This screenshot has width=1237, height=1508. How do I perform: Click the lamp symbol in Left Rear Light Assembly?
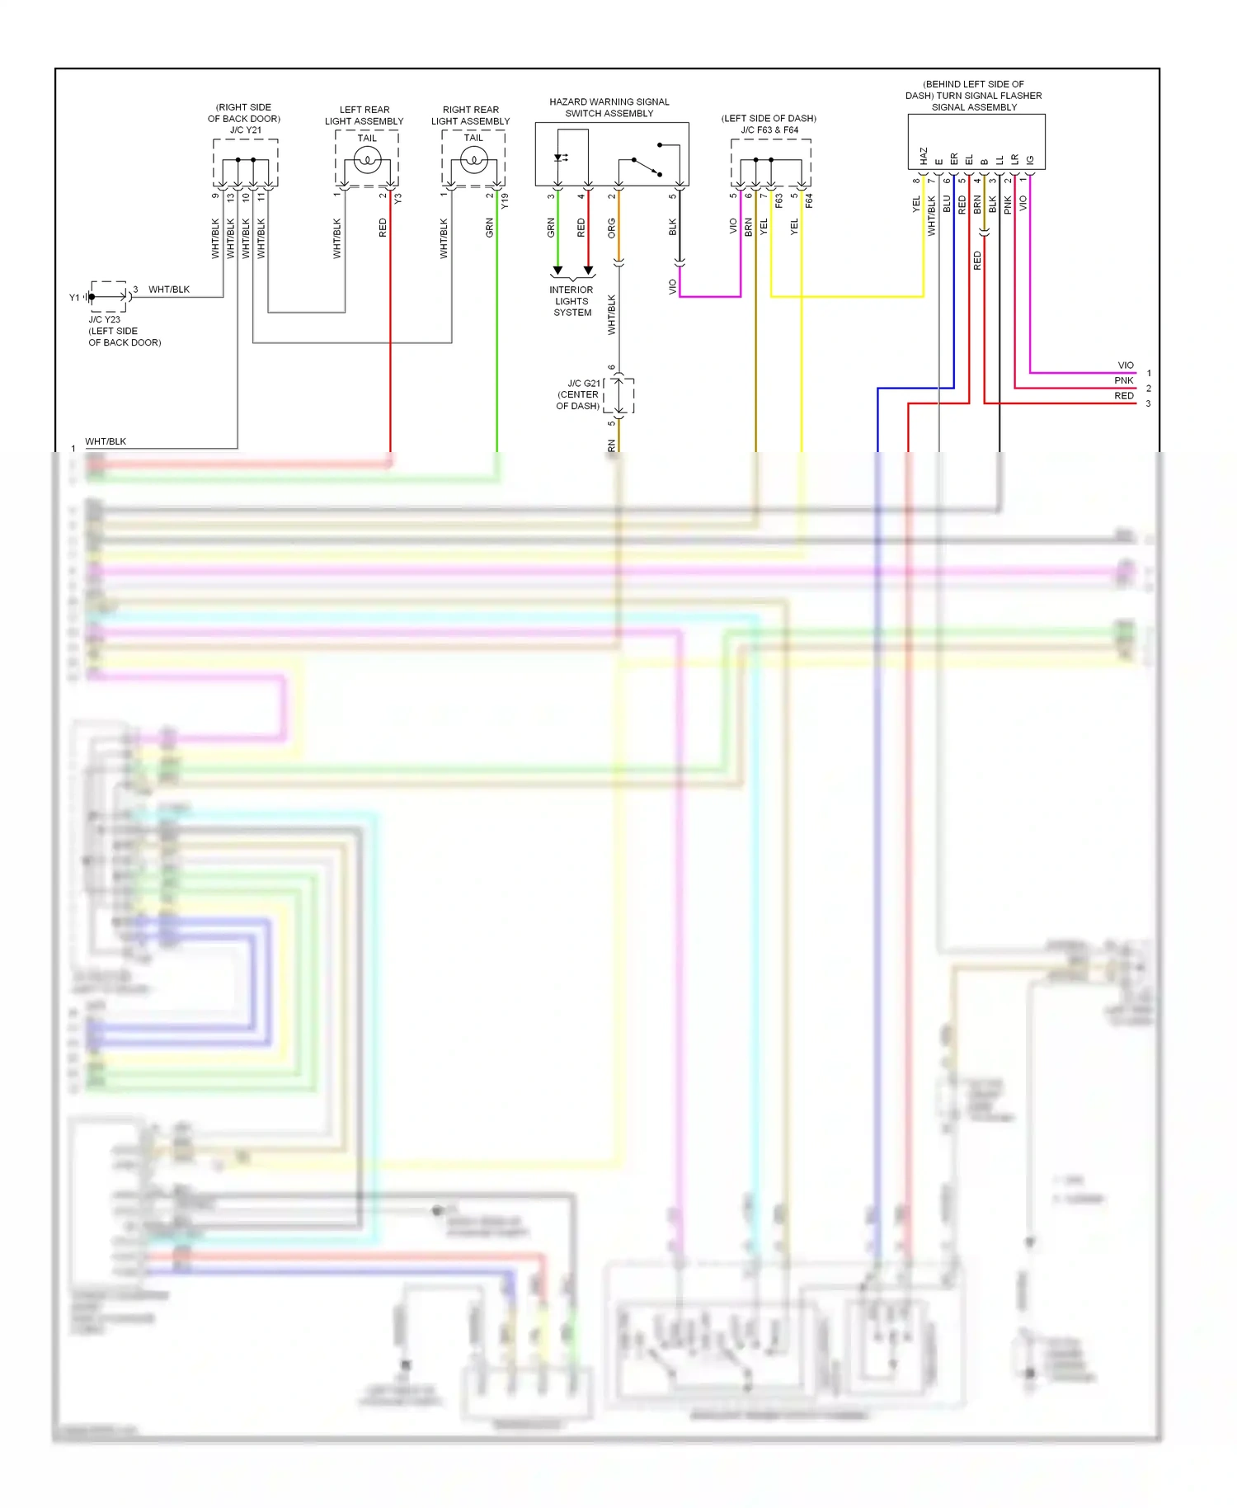(x=367, y=162)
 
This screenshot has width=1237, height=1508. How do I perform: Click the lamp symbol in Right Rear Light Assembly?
(x=473, y=162)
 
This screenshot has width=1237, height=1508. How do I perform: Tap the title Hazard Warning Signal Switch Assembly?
(x=609, y=107)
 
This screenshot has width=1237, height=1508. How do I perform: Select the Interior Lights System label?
(x=572, y=301)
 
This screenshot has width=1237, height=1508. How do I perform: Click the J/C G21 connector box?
(x=618, y=395)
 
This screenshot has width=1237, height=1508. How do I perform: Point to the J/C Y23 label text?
(x=105, y=319)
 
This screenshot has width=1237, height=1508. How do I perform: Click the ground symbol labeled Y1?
(x=87, y=297)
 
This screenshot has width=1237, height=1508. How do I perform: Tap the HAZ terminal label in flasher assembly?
(x=924, y=155)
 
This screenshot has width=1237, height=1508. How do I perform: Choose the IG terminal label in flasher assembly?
(x=1030, y=159)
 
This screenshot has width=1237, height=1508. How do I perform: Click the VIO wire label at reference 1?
(x=1126, y=365)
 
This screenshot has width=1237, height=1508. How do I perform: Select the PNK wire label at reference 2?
(x=1124, y=381)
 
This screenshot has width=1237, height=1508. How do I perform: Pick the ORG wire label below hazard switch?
(x=612, y=228)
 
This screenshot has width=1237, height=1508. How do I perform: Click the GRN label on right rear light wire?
(x=490, y=228)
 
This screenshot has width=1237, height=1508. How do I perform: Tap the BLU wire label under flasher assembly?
(x=947, y=204)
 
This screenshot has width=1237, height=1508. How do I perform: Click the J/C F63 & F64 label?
(x=769, y=130)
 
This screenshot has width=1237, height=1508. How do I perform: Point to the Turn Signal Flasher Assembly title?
(x=974, y=96)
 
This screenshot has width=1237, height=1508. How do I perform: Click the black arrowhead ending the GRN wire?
(x=557, y=271)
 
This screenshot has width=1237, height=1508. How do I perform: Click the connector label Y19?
(x=505, y=200)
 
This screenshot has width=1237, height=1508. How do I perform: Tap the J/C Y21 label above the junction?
(x=245, y=130)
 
